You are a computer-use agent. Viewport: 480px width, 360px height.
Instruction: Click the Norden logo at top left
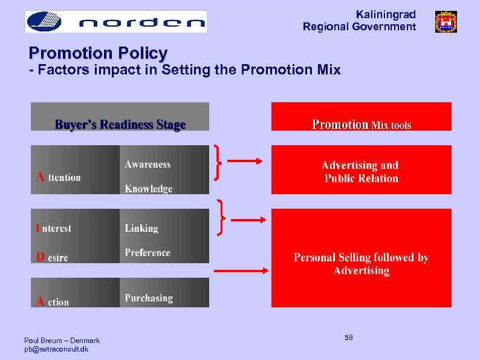pyautogui.click(x=115, y=22)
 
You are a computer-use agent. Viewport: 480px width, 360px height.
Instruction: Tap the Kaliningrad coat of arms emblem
pyautogui.click(x=446, y=22)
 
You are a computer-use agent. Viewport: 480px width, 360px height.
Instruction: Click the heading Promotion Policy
pyautogui.click(x=98, y=53)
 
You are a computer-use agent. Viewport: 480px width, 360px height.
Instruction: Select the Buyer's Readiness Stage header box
pyautogui.click(x=120, y=124)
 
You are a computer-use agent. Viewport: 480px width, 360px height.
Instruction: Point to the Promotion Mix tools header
pyautogui.click(x=361, y=124)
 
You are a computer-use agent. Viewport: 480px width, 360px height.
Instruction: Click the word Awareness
pyautogui.click(x=148, y=164)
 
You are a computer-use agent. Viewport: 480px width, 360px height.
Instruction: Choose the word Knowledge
pyautogui.click(x=148, y=189)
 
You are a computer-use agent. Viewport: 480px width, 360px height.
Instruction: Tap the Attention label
pyautogui.click(x=58, y=177)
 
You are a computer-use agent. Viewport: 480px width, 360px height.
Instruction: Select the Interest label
pyautogui.click(x=53, y=228)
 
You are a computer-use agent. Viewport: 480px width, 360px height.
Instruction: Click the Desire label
pyautogui.click(x=52, y=257)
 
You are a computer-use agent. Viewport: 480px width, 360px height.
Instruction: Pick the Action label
pyautogui.click(x=53, y=301)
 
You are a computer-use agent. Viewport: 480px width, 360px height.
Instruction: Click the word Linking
pyautogui.click(x=141, y=228)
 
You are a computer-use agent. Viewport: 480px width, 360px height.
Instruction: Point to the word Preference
pyautogui.click(x=148, y=252)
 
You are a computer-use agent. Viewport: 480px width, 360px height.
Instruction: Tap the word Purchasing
pyautogui.click(x=149, y=298)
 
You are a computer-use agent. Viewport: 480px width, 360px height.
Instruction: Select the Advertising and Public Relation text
pyautogui.click(x=360, y=171)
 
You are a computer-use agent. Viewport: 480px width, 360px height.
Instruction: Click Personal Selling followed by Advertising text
pyautogui.click(x=361, y=264)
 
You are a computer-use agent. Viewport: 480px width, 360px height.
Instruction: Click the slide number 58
pyautogui.click(x=349, y=337)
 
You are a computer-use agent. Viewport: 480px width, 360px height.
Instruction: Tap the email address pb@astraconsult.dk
pyautogui.click(x=56, y=349)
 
